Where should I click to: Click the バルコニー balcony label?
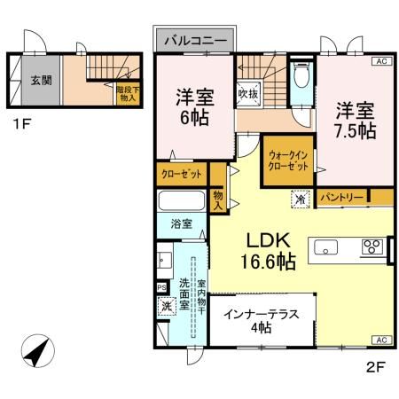click(x=199, y=41)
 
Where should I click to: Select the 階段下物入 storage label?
click(x=128, y=93)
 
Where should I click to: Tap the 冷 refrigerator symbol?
click(x=301, y=199)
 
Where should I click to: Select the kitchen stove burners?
click(x=370, y=248)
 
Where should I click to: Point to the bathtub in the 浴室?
click(x=183, y=201)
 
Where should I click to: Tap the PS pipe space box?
click(x=160, y=288)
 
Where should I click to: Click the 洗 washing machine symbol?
click(x=166, y=307)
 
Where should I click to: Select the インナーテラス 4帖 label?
click(x=261, y=320)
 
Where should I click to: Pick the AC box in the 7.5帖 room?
click(x=379, y=61)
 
